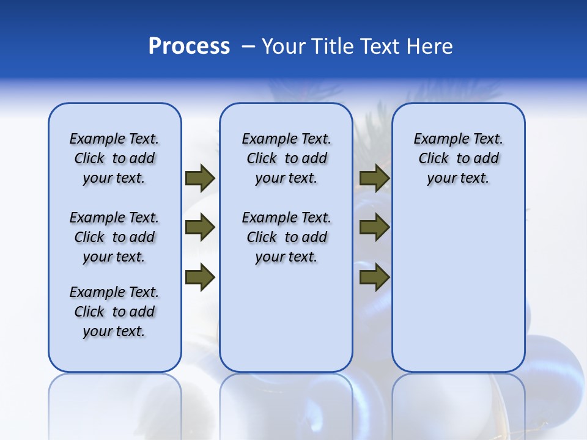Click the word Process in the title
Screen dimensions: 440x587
(189, 46)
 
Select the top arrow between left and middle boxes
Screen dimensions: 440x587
(200, 178)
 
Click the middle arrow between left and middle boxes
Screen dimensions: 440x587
(200, 228)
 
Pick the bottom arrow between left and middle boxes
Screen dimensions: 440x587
(200, 277)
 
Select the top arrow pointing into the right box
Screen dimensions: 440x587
(374, 178)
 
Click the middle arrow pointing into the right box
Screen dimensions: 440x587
(374, 228)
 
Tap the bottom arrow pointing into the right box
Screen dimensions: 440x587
(374, 277)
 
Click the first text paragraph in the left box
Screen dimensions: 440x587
(114, 158)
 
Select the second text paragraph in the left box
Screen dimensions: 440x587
(114, 237)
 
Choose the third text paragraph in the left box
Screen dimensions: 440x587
(114, 312)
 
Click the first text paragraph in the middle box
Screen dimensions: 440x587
(286, 158)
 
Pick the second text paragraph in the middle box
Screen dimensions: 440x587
(286, 237)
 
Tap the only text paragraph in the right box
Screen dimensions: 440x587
(458, 158)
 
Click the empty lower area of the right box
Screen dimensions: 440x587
(458, 287)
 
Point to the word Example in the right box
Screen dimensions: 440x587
(436, 139)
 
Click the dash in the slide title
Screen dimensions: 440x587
(248, 46)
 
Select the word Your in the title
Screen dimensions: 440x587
(283, 46)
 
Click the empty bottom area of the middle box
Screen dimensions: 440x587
(286, 324)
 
